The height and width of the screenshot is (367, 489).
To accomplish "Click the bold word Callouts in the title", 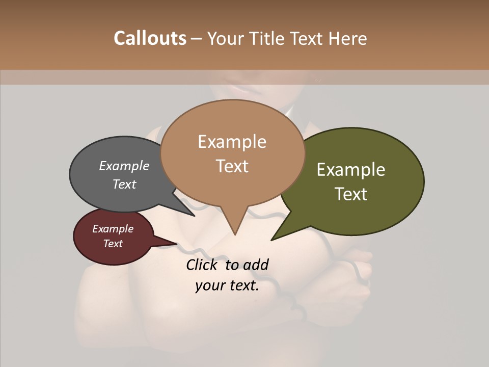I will pyautogui.click(x=150, y=38).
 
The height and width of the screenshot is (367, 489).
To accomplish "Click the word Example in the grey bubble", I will pyautogui.click(x=124, y=166).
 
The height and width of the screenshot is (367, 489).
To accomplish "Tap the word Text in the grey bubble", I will pyautogui.click(x=124, y=184).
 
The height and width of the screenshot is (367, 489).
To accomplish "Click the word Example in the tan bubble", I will pyautogui.click(x=232, y=141).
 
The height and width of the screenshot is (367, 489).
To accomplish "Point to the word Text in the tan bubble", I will pyautogui.click(x=232, y=166).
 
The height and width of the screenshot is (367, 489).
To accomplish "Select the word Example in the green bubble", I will pyautogui.click(x=351, y=169).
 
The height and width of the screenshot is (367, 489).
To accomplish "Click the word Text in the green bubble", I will pyautogui.click(x=351, y=194).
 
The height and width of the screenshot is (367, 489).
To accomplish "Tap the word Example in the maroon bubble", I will pyautogui.click(x=113, y=229).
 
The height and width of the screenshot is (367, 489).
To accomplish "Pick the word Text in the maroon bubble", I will pyautogui.click(x=113, y=244).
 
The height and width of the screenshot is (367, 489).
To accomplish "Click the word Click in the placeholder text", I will pyautogui.click(x=203, y=265).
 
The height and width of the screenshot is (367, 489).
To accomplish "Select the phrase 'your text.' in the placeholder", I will pyautogui.click(x=227, y=285).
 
